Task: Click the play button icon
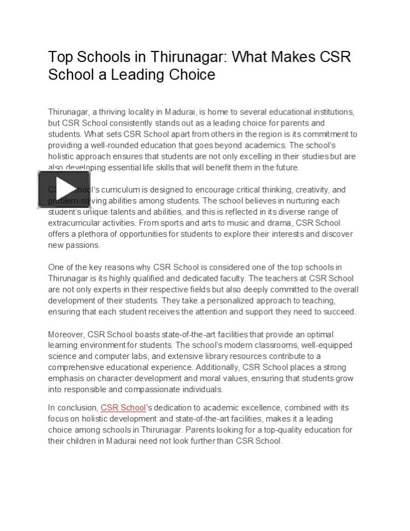(x=64, y=189)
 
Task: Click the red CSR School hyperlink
(x=123, y=408)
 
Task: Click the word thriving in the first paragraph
(x=113, y=112)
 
